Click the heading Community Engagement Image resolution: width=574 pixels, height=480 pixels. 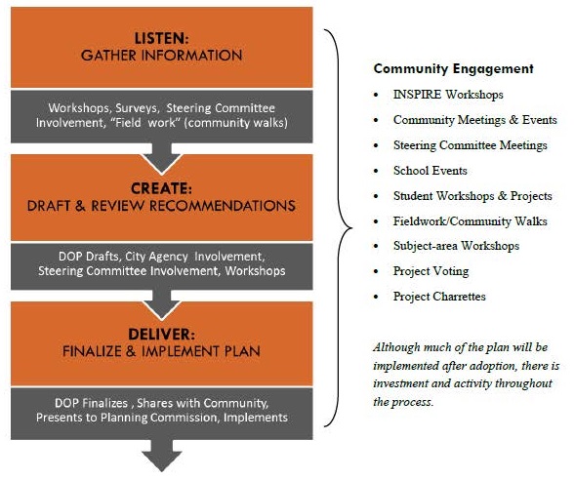tap(453, 69)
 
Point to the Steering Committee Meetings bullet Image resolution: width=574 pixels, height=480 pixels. tap(470, 145)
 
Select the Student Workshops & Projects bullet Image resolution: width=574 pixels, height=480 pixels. tap(472, 196)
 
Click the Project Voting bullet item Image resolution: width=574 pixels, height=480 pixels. tap(430, 271)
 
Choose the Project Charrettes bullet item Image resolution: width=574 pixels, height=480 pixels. tap(438, 297)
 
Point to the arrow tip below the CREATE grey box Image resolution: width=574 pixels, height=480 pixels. tap(163, 300)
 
